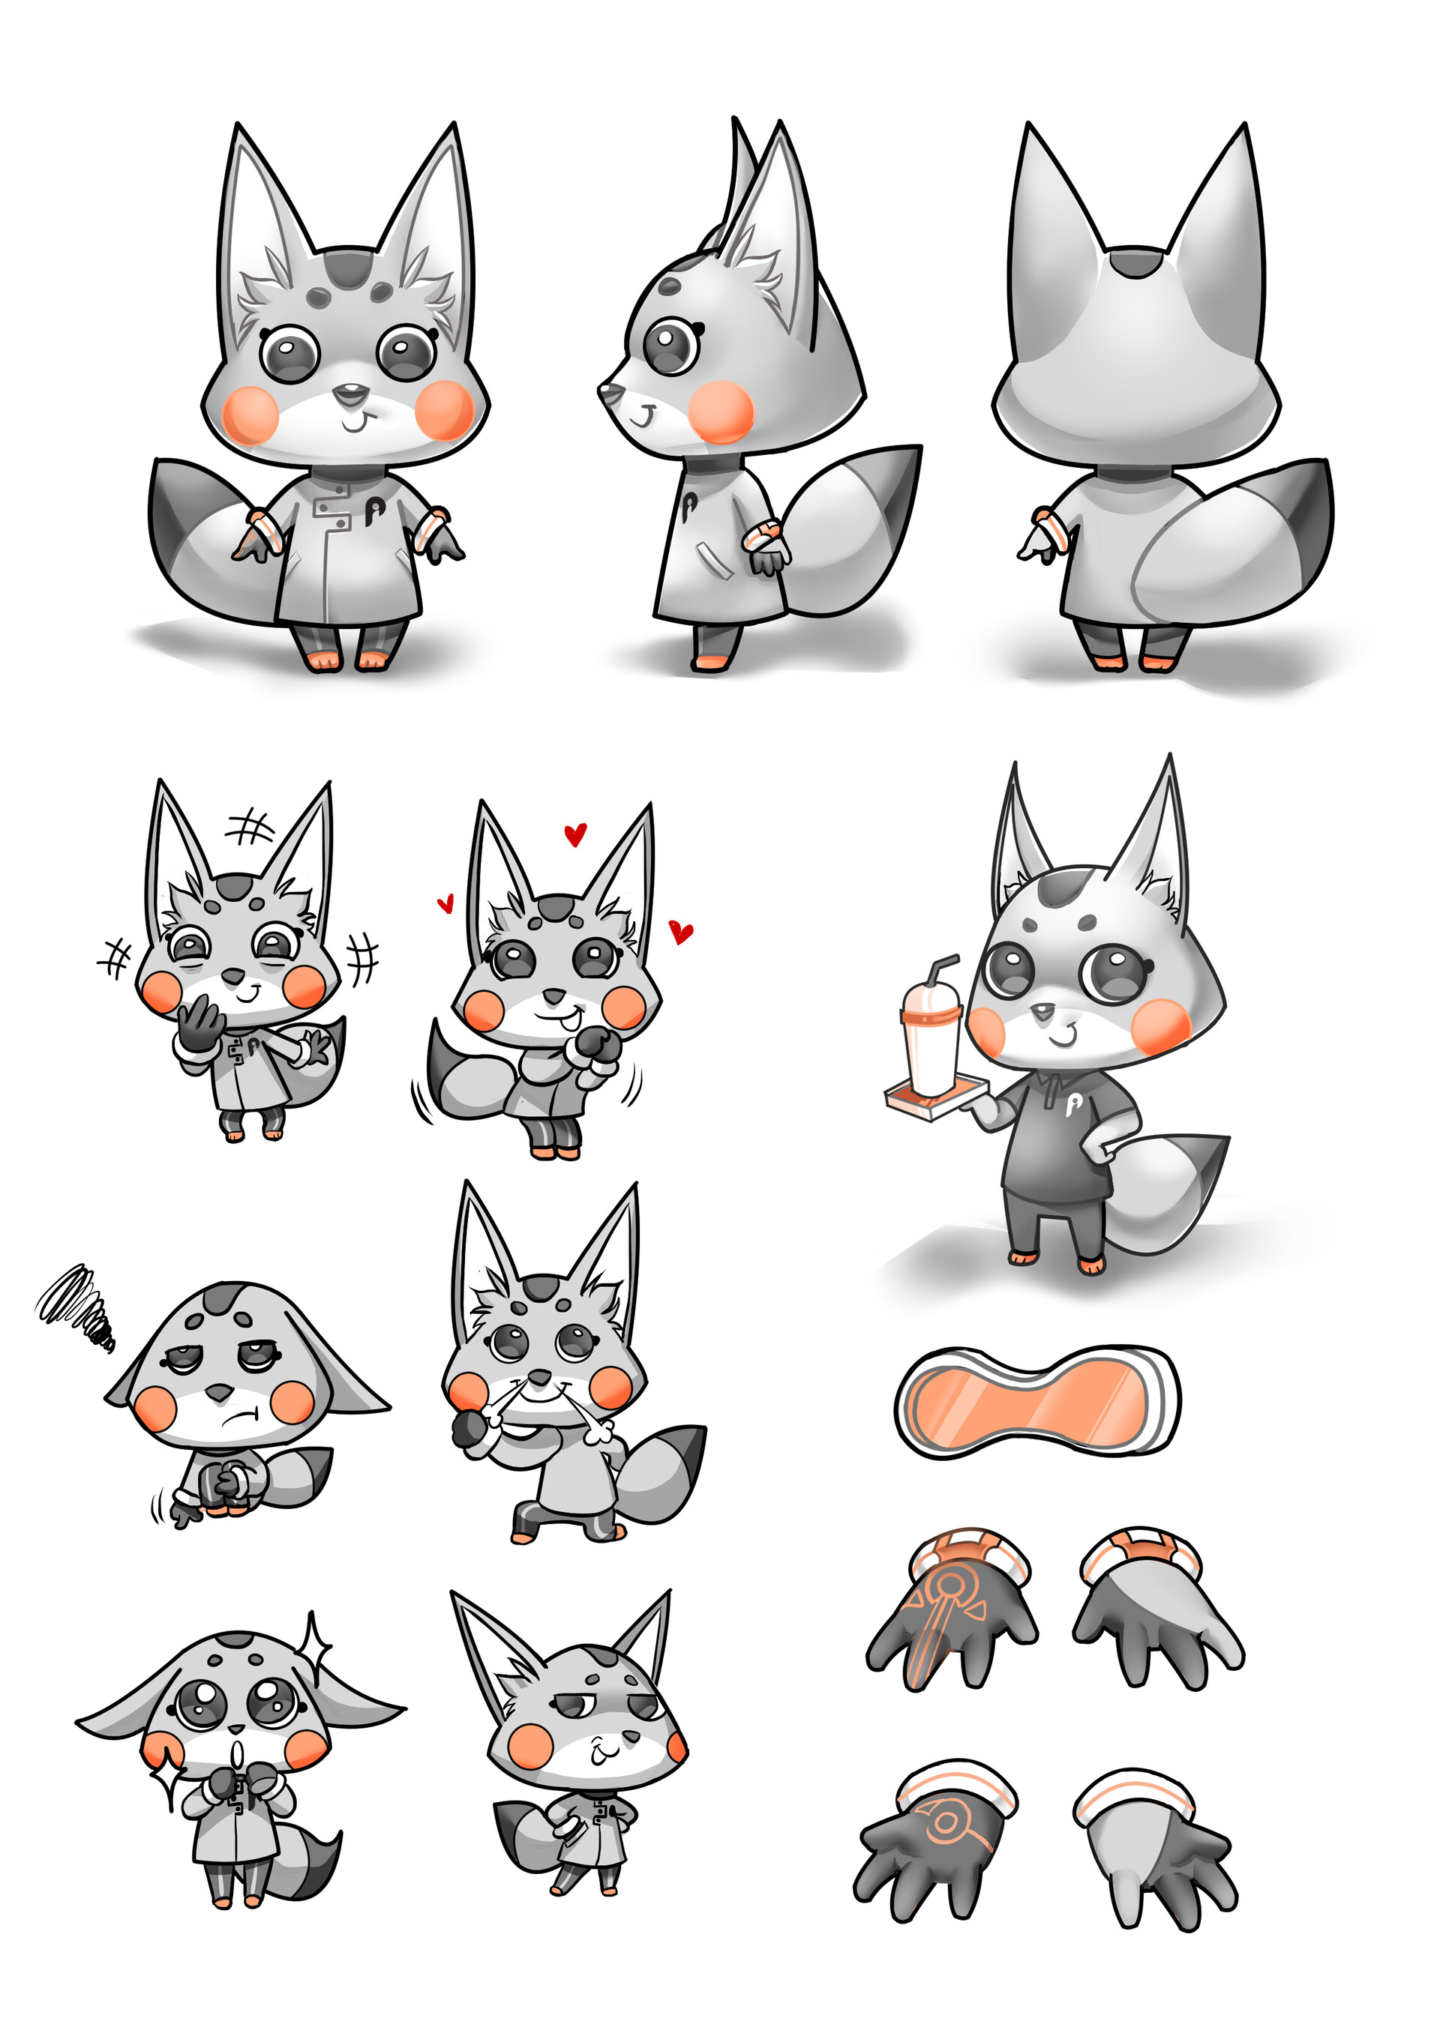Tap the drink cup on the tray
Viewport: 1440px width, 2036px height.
[x=930, y=1046]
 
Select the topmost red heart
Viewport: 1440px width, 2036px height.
[x=576, y=834]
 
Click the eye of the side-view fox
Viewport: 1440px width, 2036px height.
[x=670, y=345]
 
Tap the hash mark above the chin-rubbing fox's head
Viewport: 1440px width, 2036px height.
[x=251, y=828]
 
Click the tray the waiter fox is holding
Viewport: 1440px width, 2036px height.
[x=936, y=1100]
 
